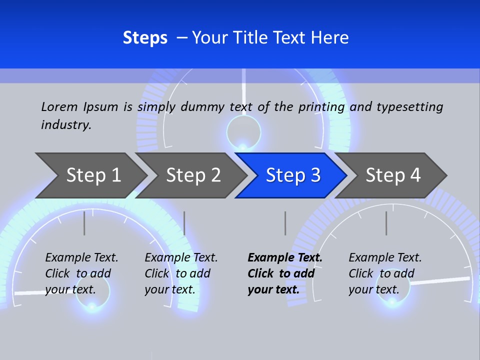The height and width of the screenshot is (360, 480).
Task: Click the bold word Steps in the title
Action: pos(145,38)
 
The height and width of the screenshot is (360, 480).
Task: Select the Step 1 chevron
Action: pos(90,175)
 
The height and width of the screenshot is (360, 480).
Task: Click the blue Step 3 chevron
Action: pos(292,175)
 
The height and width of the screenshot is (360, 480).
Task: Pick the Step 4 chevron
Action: pos(392,175)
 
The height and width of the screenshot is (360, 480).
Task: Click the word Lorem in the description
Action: pos(59,106)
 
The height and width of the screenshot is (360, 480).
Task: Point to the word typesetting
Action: pos(409,107)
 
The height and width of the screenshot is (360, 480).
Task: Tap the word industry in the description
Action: pos(65,124)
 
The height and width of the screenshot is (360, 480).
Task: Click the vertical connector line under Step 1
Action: pos(84,223)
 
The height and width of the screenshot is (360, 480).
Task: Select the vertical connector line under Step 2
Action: pos(184,223)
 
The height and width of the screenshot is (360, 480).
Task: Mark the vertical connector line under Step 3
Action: pos(285,223)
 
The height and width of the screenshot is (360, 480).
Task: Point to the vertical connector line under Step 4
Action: pos(386,223)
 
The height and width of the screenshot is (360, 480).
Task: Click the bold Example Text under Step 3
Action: pos(285,257)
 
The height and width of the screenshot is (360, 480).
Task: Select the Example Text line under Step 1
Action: pos(81,257)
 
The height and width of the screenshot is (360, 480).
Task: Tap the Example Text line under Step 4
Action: pos(385,257)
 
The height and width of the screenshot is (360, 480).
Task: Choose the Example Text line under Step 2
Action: pos(181,257)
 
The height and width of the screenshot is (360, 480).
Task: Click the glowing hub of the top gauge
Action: pos(243,145)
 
